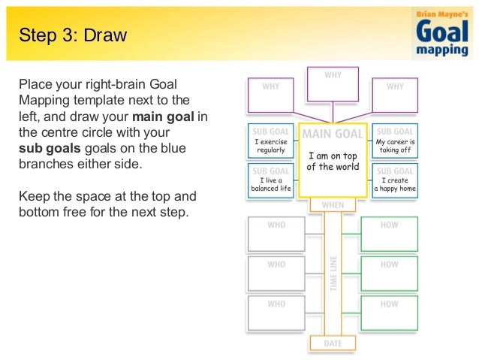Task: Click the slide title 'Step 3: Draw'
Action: (x=73, y=35)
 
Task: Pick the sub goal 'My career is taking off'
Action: (x=395, y=141)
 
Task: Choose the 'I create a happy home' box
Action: (x=395, y=180)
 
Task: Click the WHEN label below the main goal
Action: (x=333, y=204)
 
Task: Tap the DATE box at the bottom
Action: (x=333, y=343)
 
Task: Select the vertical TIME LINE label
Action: (x=333, y=274)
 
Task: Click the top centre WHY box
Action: (x=333, y=83)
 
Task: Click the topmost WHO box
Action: (x=277, y=233)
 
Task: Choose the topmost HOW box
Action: (x=388, y=233)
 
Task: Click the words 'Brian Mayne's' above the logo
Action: (x=442, y=14)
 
